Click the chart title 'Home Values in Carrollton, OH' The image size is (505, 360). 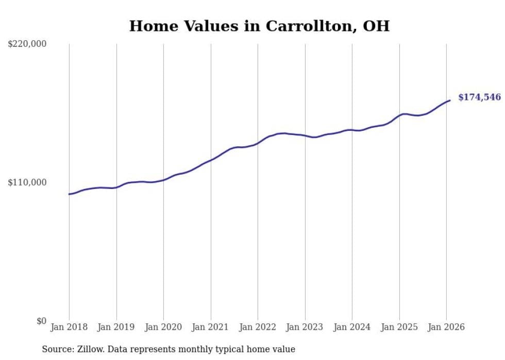[259, 26]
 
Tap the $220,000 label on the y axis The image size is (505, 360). [27, 44]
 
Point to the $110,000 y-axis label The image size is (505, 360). [27, 182]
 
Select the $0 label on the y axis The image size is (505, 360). [41, 321]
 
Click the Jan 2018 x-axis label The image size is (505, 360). [69, 327]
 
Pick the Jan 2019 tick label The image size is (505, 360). [116, 327]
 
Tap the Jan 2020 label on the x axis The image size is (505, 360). [163, 327]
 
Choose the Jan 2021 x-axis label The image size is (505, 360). [211, 327]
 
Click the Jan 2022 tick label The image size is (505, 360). [258, 327]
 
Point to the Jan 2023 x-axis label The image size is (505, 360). [305, 327]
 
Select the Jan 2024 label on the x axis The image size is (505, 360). [352, 327]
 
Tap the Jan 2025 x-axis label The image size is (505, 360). [399, 327]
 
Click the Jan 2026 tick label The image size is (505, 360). [446, 327]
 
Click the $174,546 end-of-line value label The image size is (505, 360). [479, 97]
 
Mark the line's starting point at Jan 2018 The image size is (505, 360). [69, 194]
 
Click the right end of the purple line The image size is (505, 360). [450, 100]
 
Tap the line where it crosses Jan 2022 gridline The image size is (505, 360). [258, 143]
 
